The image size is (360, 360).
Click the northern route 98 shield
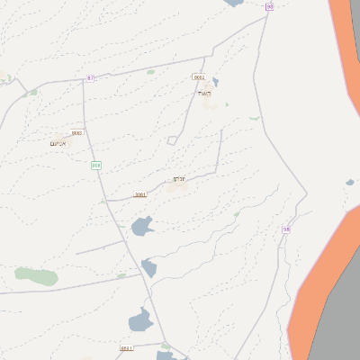[x=269, y=6]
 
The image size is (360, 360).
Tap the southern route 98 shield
[x=286, y=229]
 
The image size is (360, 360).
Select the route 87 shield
[x=90, y=78]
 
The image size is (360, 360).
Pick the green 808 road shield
[x=96, y=165]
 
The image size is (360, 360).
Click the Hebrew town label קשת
[x=204, y=93]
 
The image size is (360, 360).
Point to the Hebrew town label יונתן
[x=179, y=179]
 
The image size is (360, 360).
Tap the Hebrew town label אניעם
[x=58, y=142]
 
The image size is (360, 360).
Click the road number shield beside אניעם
[x=76, y=133]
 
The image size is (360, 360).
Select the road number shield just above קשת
[x=199, y=77]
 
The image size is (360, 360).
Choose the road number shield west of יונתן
[x=140, y=194]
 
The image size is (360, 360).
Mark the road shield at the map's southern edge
[x=126, y=347]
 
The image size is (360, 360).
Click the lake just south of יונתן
[x=142, y=226]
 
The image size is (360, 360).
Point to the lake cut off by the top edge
[x=233, y=3]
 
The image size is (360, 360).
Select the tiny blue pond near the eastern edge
[x=350, y=183]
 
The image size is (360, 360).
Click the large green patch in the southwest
[x=36, y=275]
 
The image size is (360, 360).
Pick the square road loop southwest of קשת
[x=172, y=139]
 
